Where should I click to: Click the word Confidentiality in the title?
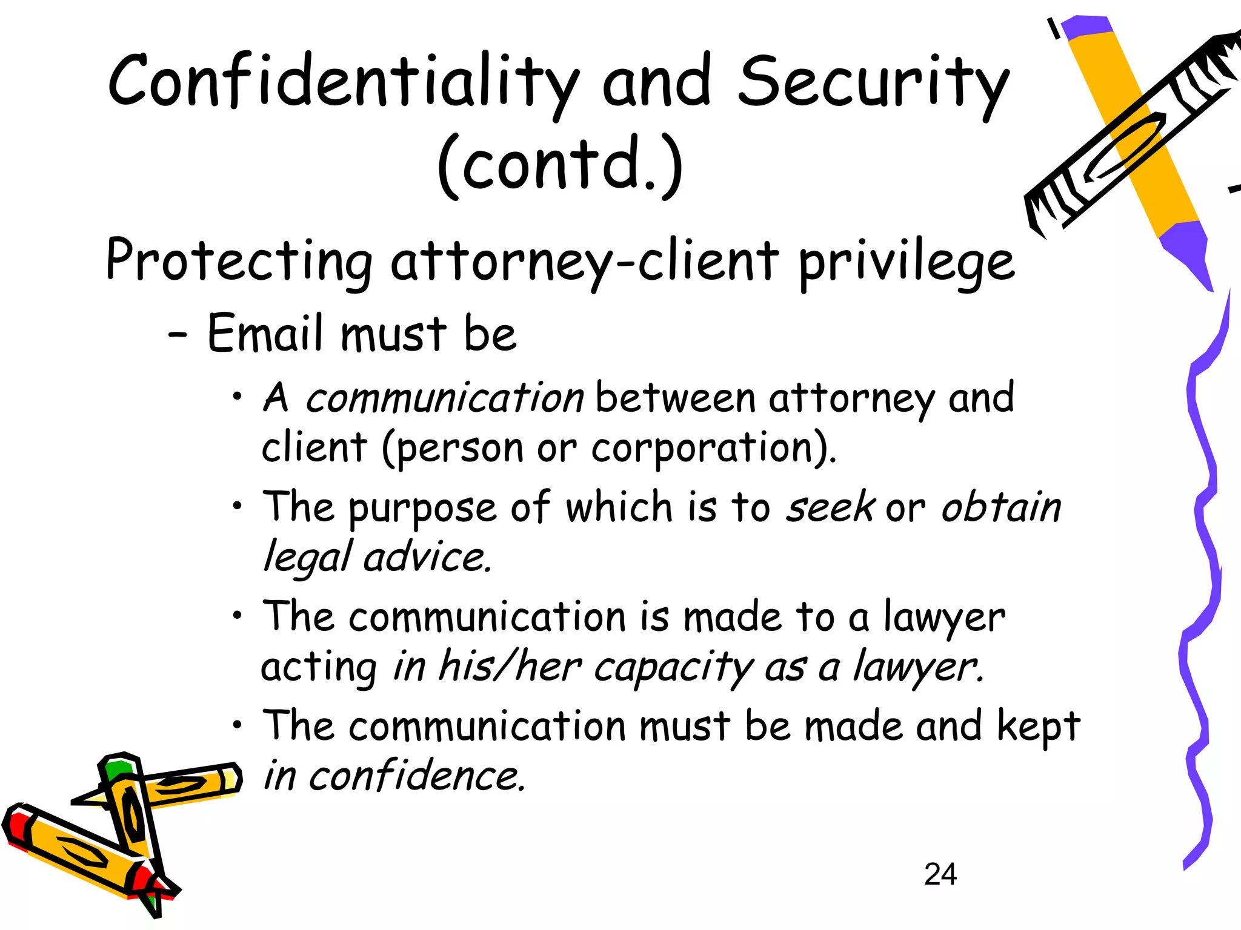[x=342, y=82]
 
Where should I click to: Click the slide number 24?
[x=940, y=874]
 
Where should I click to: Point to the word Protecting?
[x=239, y=260]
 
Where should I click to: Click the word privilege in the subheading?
[x=906, y=262]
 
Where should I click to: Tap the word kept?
[x=1039, y=725]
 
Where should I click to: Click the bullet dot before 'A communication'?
[x=238, y=397]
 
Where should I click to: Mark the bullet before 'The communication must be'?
[x=238, y=724]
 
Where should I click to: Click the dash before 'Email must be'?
[x=178, y=334]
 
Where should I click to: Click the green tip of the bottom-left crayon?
[x=119, y=769]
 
